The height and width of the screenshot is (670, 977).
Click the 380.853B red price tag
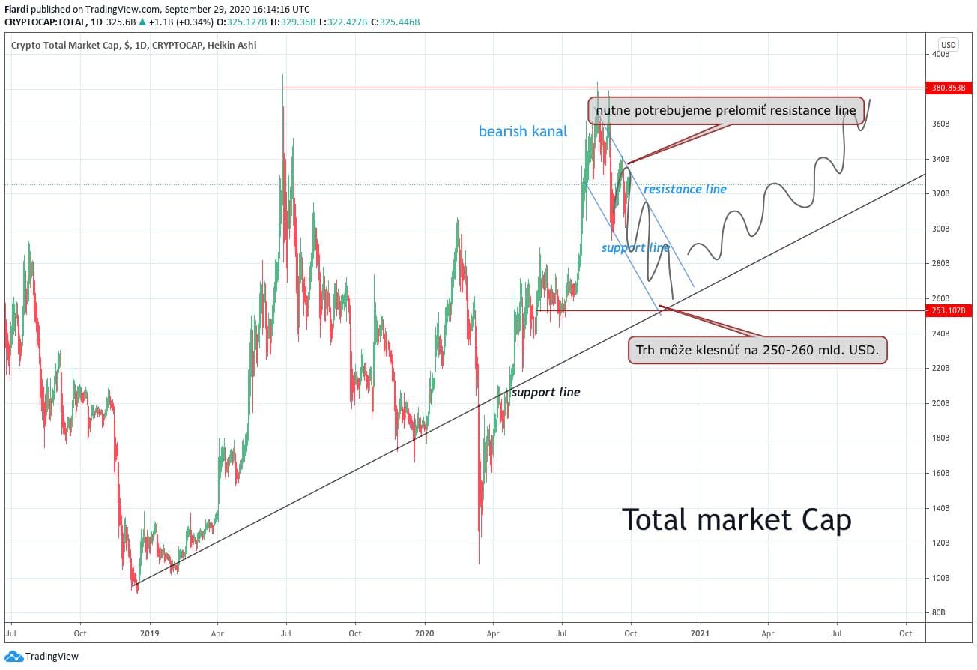[948, 87]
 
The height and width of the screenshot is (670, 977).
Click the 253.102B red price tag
[948, 310]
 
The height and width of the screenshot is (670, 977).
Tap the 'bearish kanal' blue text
[523, 132]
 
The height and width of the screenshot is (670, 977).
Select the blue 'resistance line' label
[685, 190]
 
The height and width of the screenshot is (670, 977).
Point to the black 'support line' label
[545, 392]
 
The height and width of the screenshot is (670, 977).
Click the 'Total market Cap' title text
[736, 519]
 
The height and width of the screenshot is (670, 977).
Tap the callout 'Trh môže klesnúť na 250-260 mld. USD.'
[757, 350]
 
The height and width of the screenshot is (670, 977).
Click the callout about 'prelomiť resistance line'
[725, 111]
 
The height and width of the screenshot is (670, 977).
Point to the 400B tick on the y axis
[940, 54]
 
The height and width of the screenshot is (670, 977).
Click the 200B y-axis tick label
[940, 403]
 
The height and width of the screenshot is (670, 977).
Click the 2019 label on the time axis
[150, 633]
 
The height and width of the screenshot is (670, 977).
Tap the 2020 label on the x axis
[425, 633]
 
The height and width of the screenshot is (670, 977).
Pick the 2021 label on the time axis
[701, 633]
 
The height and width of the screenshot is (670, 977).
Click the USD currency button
[948, 45]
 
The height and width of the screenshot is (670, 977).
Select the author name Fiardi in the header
[18, 10]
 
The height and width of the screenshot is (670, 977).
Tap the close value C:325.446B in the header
[396, 22]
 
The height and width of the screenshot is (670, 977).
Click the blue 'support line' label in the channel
[635, 247]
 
